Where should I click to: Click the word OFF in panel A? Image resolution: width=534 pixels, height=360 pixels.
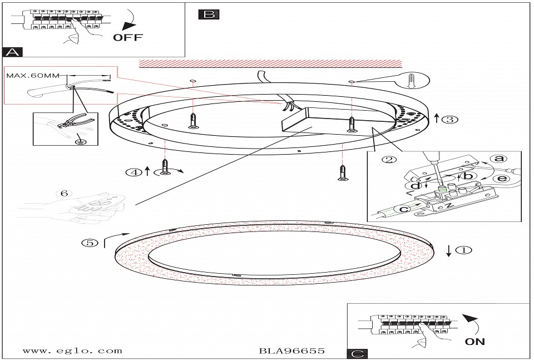(128, 37)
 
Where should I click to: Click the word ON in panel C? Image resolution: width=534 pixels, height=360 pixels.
(474, 341)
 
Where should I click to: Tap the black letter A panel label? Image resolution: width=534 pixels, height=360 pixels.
(13, 52)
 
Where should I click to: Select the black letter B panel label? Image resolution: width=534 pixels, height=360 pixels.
(209, 14)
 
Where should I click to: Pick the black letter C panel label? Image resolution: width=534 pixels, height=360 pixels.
(357, 354)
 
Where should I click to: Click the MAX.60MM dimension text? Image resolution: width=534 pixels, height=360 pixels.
(33, 75)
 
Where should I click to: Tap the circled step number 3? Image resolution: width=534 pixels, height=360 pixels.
(450, 119)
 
